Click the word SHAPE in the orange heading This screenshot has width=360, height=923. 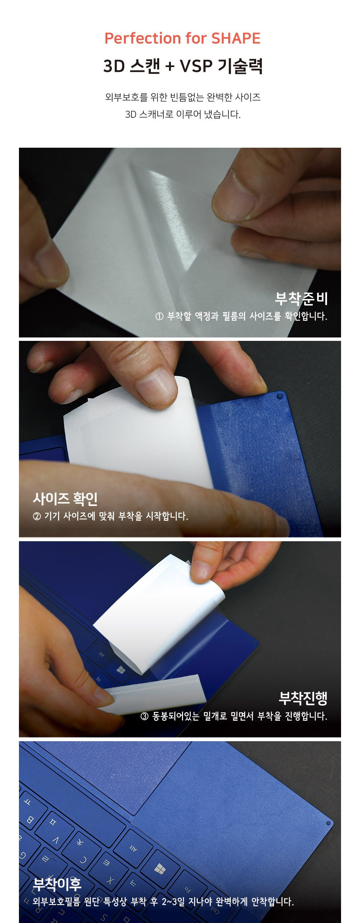pos(236,38)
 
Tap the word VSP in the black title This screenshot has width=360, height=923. pos(196,66)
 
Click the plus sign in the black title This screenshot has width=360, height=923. pos(170,67)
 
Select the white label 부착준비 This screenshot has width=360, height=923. pos(301,298)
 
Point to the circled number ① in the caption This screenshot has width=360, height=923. pos(160,316)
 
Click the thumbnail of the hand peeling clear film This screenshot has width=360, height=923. pos(180,242)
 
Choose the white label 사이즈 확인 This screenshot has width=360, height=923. pos(65,498)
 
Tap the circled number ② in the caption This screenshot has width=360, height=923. pos(37,516)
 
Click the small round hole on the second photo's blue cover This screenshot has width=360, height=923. pos(280,396)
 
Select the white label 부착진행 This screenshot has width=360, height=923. pos(303,698)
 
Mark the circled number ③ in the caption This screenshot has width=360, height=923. pos(144,716)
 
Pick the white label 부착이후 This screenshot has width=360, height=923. pos(57,884)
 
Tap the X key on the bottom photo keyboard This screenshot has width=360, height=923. pos(110,881)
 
